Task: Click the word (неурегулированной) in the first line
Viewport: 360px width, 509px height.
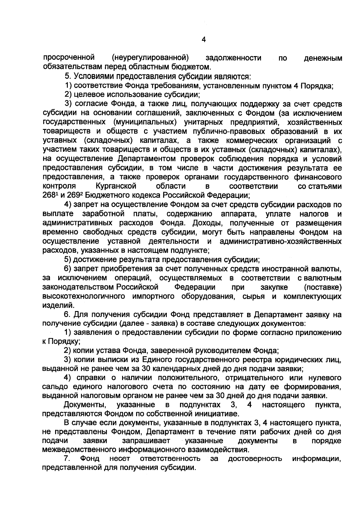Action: click(150, 57)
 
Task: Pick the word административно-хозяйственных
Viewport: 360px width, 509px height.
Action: click(280, 241)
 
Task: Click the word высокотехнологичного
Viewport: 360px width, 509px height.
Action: click(84, 296)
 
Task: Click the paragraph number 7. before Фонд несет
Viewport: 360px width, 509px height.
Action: click(67, 459)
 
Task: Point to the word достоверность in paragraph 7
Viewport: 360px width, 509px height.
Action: click(255, 459)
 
